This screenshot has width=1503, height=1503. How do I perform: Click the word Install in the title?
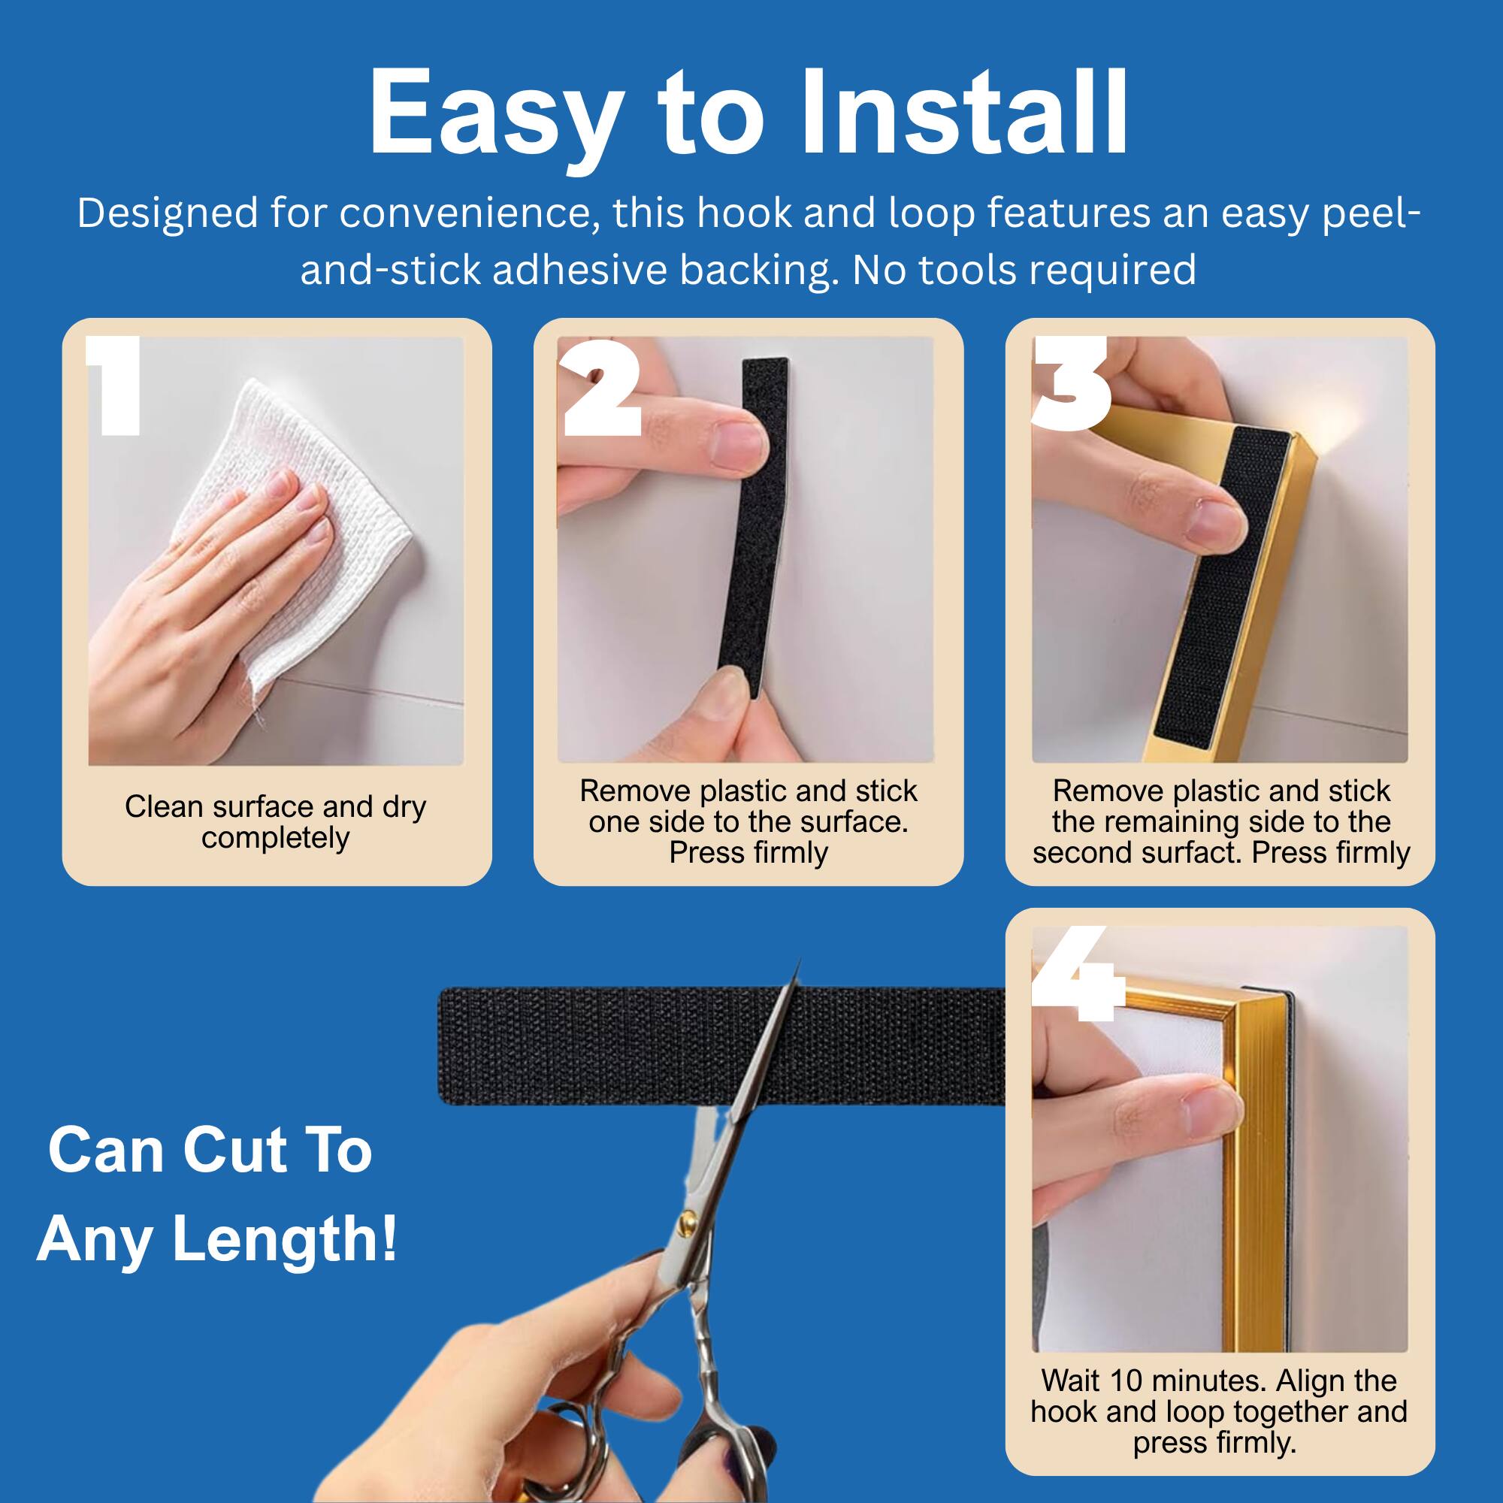964,113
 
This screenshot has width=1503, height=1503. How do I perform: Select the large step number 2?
600,386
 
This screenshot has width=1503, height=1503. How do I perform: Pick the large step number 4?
1078,973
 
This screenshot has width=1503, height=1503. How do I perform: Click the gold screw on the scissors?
687,1217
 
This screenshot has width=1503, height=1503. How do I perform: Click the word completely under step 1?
275,839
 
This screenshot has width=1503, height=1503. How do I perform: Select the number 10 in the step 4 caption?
1124,1380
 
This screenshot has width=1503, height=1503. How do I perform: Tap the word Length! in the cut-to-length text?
284,1239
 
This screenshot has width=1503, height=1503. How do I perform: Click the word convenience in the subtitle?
464,213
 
